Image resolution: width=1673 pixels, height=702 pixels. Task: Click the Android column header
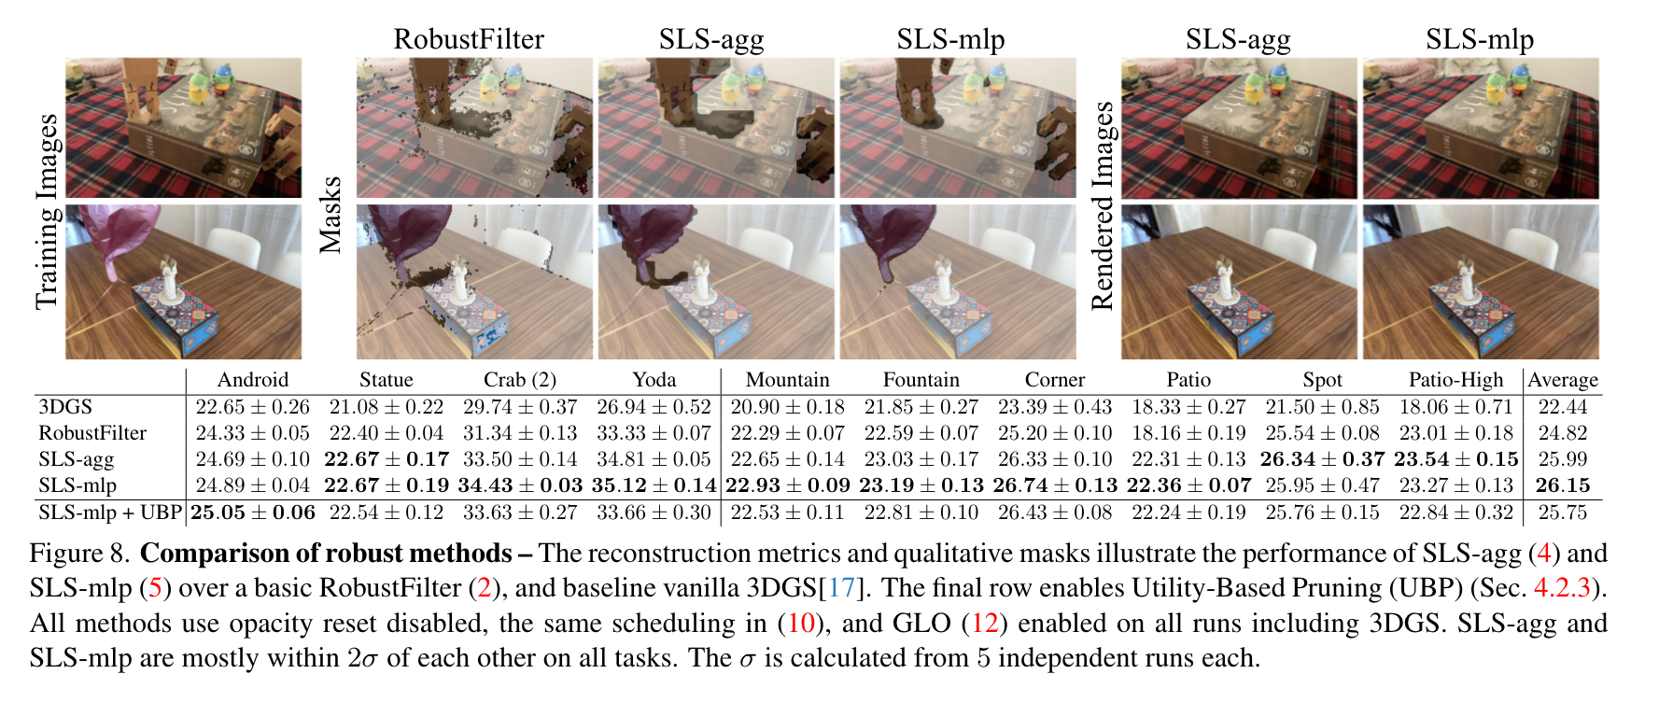pos(252,380)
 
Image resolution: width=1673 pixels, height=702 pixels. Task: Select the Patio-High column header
pos(1455,380)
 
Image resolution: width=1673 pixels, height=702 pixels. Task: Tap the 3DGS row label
pos(65,407)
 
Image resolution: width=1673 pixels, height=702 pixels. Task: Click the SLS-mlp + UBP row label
pos(110,512)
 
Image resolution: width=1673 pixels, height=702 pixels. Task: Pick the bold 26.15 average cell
pos(1563,485)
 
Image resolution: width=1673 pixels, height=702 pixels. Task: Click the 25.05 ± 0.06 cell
pos(253,512)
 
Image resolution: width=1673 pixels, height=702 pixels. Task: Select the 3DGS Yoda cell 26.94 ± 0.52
pos(654,407)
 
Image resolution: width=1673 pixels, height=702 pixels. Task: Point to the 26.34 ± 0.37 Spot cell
pos(1322,459)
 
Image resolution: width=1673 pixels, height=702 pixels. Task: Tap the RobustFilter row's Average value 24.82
pos(1563,433)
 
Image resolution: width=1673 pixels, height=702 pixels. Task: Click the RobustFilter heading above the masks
pos(469,39)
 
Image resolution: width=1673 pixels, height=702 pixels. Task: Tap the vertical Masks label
pos(330,215)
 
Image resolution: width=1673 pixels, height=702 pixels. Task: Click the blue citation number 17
pos(841,588)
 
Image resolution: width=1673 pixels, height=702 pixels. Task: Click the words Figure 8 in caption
pos(78,554)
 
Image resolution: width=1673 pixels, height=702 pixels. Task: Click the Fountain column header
pos(921,380)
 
